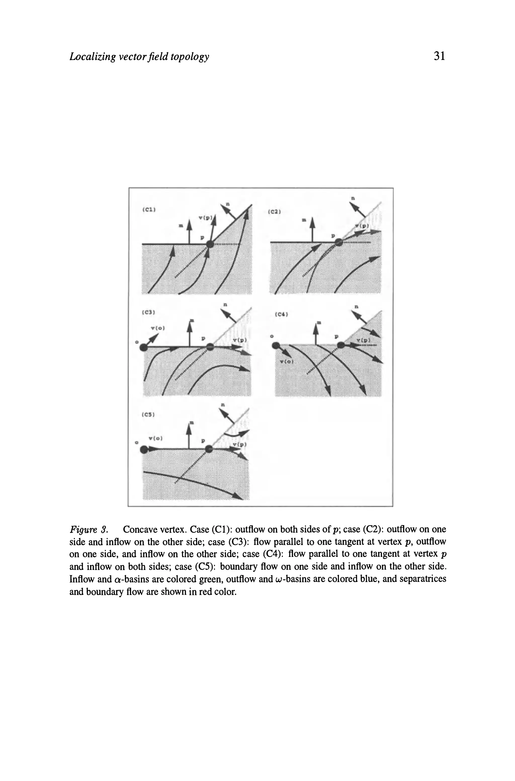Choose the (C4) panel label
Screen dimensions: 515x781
[281, 314]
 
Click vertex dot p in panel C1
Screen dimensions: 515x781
[210, 244]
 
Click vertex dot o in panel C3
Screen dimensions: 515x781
[144, 347]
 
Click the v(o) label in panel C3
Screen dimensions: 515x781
[157, 328]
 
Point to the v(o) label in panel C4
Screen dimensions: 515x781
[288, 362]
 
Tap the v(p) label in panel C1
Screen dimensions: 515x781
[206, 218]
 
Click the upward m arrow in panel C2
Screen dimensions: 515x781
[312, 230]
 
